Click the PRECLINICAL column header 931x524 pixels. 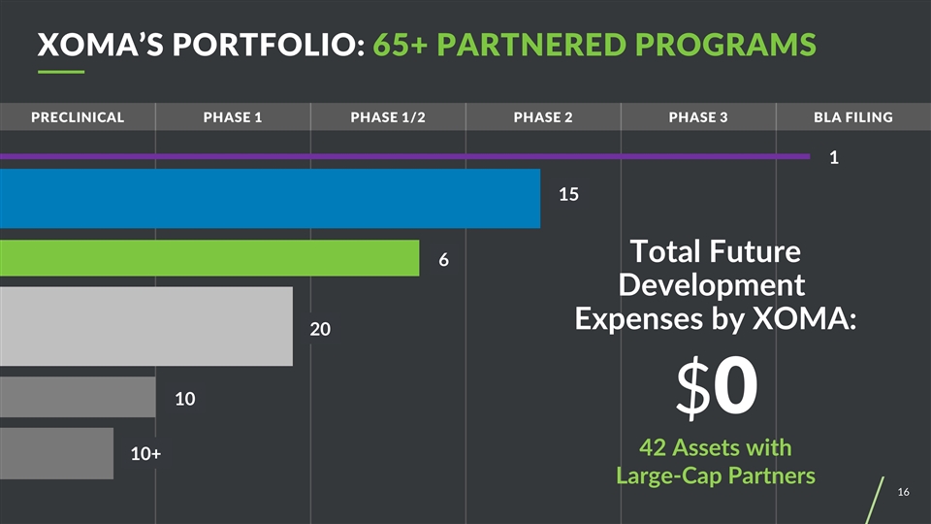[x=78, y=117]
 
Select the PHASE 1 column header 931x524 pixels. [x=233, y=117]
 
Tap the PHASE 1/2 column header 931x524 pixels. [x=388, y=117]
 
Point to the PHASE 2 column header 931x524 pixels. [x=543, y=117]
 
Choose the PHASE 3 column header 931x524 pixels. [x=698, y=117]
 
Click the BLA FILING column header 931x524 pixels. [x=853, y=117]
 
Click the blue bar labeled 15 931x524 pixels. [x=270, y=199]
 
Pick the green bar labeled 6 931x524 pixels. [x=209, y=258]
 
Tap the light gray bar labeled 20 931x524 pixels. [x=145, y=326]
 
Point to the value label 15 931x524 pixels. [x=568, y=195]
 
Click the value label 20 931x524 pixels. [x=320, y=330]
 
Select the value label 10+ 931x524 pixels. [x=145, y=453]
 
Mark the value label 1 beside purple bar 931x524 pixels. [x=833, y=158]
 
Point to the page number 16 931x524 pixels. [x=903, y=494]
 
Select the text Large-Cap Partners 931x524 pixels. [x=716, y=476]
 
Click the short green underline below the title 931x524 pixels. [x=61, y=73]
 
